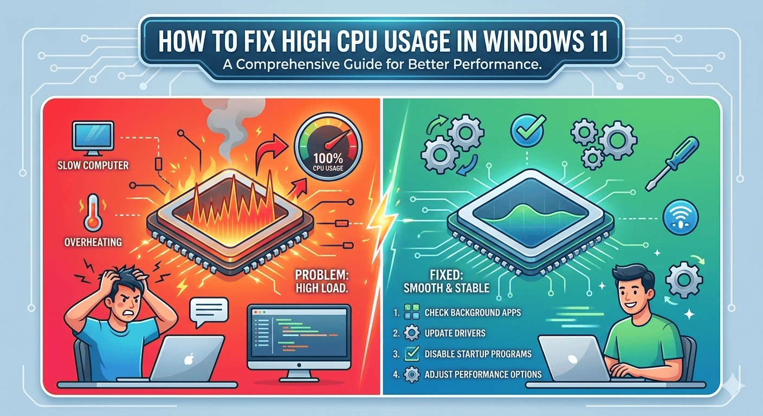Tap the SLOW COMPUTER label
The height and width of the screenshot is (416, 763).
pos(93,165)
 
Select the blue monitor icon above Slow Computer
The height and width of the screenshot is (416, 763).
pos(93,139)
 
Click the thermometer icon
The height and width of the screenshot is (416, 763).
pos(93,213)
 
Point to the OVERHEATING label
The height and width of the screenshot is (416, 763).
pos(93,242)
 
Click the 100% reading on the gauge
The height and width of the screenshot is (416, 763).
pos(328,158)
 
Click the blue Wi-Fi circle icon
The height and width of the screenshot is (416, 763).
pos(681,218)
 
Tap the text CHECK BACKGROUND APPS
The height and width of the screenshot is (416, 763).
pos(473,313)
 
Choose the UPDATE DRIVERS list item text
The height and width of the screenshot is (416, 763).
pos(455,333)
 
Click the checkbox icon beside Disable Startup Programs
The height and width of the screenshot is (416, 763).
pos(411,354)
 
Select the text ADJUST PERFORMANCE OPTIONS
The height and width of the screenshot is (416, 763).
pos(483,374)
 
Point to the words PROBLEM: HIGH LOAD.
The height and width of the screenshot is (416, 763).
pos(322,281)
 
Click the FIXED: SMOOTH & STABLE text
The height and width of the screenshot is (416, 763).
pos(447,281)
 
